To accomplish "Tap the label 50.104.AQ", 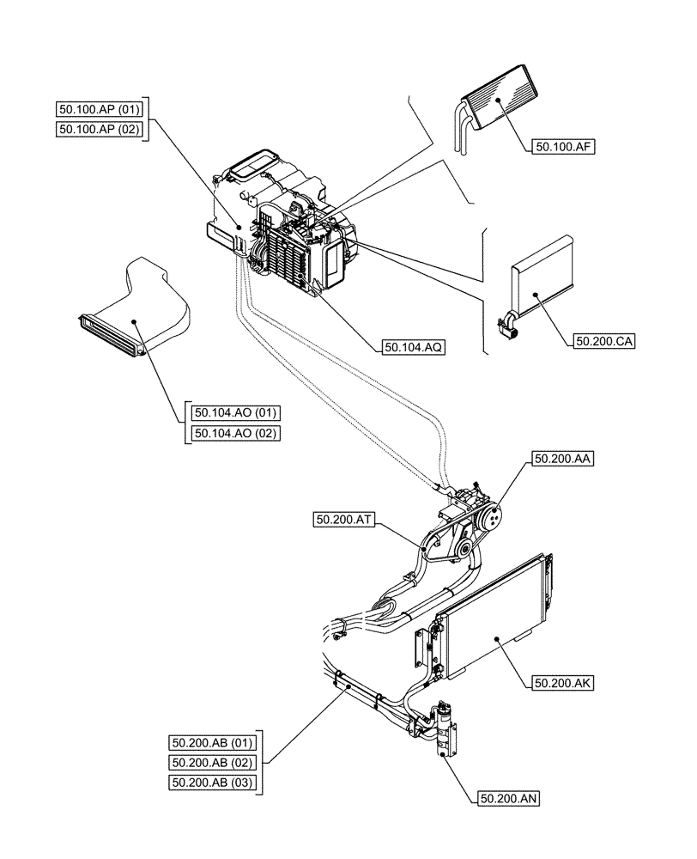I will click(413, 347).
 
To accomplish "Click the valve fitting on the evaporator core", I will click(507, 324).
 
